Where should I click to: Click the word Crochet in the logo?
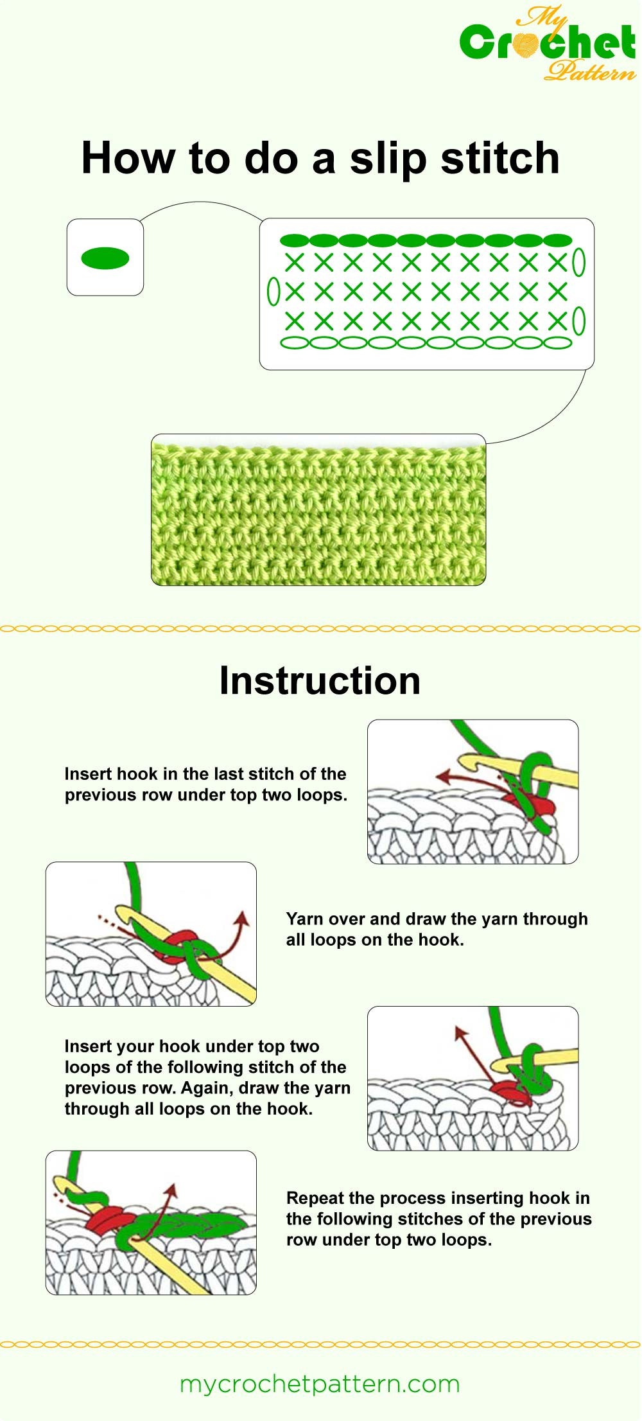click(548, 43)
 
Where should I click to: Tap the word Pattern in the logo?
click(589, 71)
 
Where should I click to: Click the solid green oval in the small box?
click(105, 258)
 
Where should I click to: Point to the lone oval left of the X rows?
click(273, 292)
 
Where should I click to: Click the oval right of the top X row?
click(578, 262)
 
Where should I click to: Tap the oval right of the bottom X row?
click(578, 321)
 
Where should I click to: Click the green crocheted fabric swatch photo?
click(318, 510)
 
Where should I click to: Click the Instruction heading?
click(320, 680)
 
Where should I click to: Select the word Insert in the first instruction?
click(88, 774)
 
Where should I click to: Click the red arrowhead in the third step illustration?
click(460, 1032)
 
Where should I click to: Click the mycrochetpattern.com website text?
click(320, 1384)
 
